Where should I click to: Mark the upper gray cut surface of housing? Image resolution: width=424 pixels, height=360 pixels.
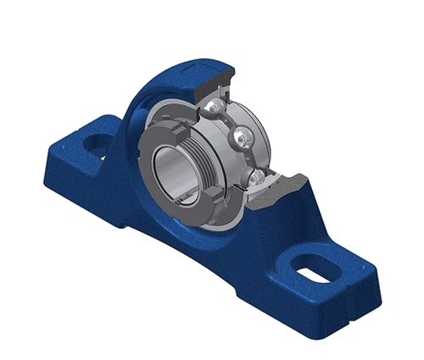tap(209, 86)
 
